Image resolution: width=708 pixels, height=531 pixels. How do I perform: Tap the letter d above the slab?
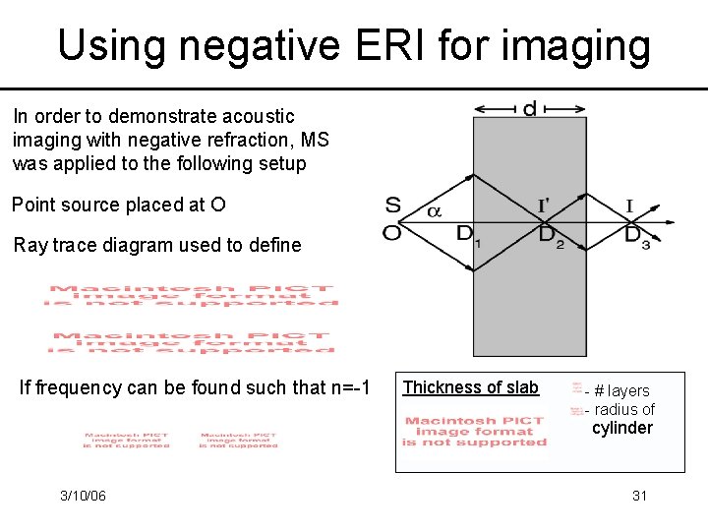[x=530, y=108]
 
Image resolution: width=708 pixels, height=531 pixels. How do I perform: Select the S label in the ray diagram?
[x=393, y=206]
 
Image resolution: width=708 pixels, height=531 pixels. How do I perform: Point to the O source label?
[x=392, y=233]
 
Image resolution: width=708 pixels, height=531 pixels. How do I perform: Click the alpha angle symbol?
[x=433, y=210]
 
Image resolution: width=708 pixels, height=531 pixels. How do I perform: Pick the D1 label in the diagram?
[x=467, y=235]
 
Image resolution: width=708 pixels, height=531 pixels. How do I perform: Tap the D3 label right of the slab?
[x=637, y=236]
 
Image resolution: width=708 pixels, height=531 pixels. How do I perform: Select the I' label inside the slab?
[x=543, y=206]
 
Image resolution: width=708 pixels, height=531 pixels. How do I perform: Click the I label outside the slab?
[x=629, y=206]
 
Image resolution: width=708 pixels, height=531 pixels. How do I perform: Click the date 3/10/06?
[x=83, y=496]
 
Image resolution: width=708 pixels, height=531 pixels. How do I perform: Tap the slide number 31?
[x=639, y=496]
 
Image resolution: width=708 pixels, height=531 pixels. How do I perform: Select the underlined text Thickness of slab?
[x=471, y=387]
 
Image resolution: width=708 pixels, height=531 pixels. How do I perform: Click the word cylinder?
[x=621, y=428]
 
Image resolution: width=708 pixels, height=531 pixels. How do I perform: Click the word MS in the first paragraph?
[x=316, y=140]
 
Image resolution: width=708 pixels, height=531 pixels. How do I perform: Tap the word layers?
[x=628, y=391]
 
